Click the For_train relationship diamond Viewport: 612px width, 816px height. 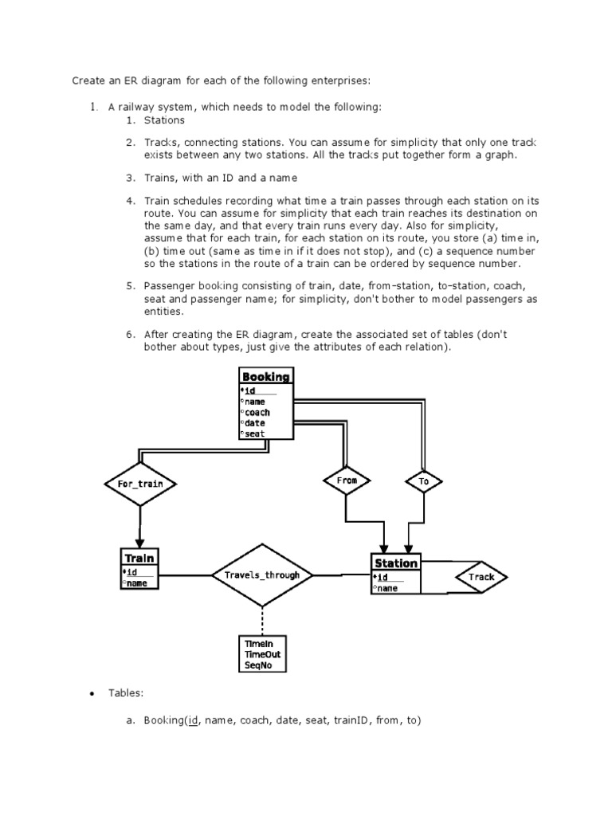pos(140,484)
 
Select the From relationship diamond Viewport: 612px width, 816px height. pos(347,481)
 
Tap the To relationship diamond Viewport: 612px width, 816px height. pos(423,481)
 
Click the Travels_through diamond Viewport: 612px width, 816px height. pos(262,575)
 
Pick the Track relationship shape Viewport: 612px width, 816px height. pos(481,577)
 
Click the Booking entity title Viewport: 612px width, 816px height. pos(266,377)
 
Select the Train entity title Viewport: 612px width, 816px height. pos(139,559)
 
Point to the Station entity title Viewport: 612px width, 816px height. pos(396,563)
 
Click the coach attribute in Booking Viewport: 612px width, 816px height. pos(257,412)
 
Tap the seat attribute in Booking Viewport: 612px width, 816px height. pos(255,433)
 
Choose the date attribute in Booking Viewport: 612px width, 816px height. pos(255,422)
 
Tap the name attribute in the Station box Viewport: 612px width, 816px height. pos(388,588)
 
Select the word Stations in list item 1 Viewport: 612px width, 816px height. pos(164,120)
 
